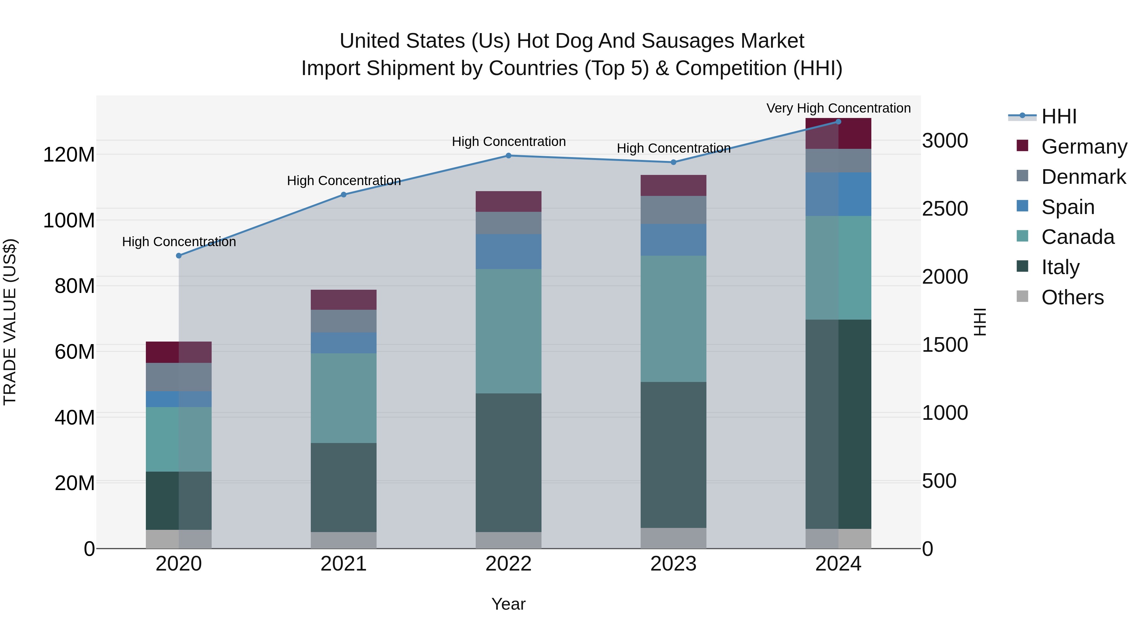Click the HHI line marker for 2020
tap(179, 256)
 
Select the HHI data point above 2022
tap(508, 156)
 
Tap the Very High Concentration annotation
tap(838, 108)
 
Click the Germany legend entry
tap(1084, 147)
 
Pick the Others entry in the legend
tap(1072, 297)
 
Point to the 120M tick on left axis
tap(69, 155)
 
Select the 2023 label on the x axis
tap(673, 564)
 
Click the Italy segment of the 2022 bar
tap(508, 462)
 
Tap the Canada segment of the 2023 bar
tap(673, 318)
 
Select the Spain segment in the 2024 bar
tap(838, 194)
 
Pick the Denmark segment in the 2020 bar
tap(179, 377)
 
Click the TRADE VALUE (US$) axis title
tap(10, 322)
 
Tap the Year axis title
tap(508, 604)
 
